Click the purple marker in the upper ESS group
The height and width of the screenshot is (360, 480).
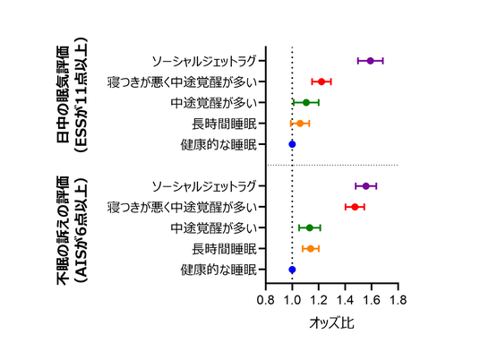pyautogui.click(x=371, y=61)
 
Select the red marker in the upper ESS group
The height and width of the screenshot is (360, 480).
pyautogui.click(x=321, y=81)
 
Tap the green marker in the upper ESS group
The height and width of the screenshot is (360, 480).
pyautogui.click(x=306, y=102)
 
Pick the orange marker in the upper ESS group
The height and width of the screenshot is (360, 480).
pyautogui.click(x=300, y=123)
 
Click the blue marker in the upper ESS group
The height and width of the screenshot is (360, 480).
pyautogui.click(x=292, y=143)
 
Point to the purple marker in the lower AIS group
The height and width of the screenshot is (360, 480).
pyautogui.click(x=366, y=186)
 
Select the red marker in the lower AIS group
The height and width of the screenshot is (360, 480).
pyautogui.click(x=355, y=207)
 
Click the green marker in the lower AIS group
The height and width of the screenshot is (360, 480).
pyautogui.click(x=310, y=227)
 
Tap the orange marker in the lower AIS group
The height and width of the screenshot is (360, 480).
pyautogui.click(x=311, y=248)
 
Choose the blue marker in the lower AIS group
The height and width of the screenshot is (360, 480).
pyautogui.click(x=292, y=269)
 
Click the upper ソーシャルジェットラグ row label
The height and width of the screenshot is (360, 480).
pyautogui.click(x=207, y=61)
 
